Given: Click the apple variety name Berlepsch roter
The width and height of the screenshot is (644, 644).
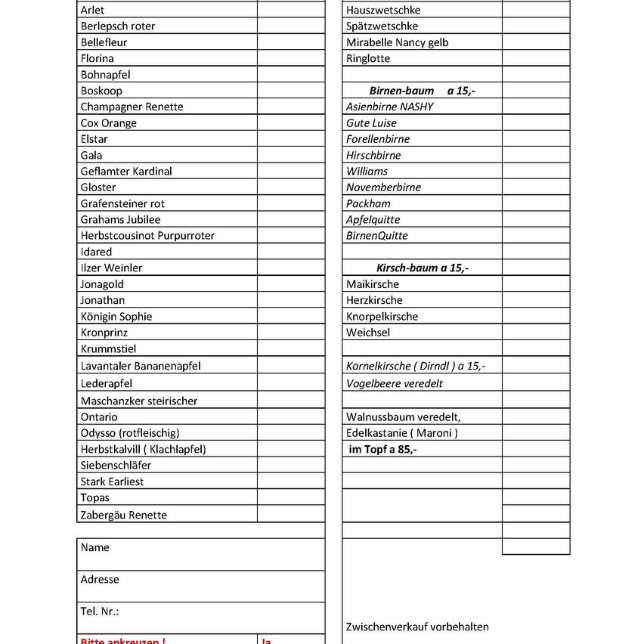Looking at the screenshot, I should [118, 26].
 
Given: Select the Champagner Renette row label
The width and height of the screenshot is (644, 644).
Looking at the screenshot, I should [132, 107].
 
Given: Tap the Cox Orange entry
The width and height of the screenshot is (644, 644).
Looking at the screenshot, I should [108, 122].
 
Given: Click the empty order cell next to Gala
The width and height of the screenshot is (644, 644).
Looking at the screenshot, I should [291, 155].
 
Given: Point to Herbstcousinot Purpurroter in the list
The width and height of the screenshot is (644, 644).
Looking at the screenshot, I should [147, 235].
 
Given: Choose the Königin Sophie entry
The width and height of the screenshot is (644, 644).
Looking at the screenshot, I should [116, 316].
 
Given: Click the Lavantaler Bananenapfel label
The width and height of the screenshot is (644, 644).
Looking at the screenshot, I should [141, 366].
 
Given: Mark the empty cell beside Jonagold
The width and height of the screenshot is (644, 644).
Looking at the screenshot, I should [291, 284].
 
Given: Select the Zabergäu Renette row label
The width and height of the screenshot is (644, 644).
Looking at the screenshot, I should [124, 515].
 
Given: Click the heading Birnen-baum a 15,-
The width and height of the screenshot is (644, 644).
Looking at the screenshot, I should [422, 91].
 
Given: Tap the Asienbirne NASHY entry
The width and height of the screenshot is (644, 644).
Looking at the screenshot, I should [390, 107].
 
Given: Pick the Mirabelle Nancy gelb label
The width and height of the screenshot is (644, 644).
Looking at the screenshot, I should [397, 42].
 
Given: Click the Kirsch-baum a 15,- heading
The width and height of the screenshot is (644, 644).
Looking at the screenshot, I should [422, 268].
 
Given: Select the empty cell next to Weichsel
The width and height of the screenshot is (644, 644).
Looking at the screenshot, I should [535, 333].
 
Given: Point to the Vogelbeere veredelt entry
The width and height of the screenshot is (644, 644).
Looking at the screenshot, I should [395, 383].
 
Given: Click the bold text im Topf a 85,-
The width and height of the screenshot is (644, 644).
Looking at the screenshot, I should [382, 449].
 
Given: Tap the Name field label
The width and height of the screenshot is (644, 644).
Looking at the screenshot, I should [95, 547].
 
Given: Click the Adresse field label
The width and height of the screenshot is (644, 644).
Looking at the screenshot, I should [100, 579].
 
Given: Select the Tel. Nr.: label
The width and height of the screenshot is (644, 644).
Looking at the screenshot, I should [100, 611].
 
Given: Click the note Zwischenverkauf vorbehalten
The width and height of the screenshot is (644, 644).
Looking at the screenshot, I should [417, 627].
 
